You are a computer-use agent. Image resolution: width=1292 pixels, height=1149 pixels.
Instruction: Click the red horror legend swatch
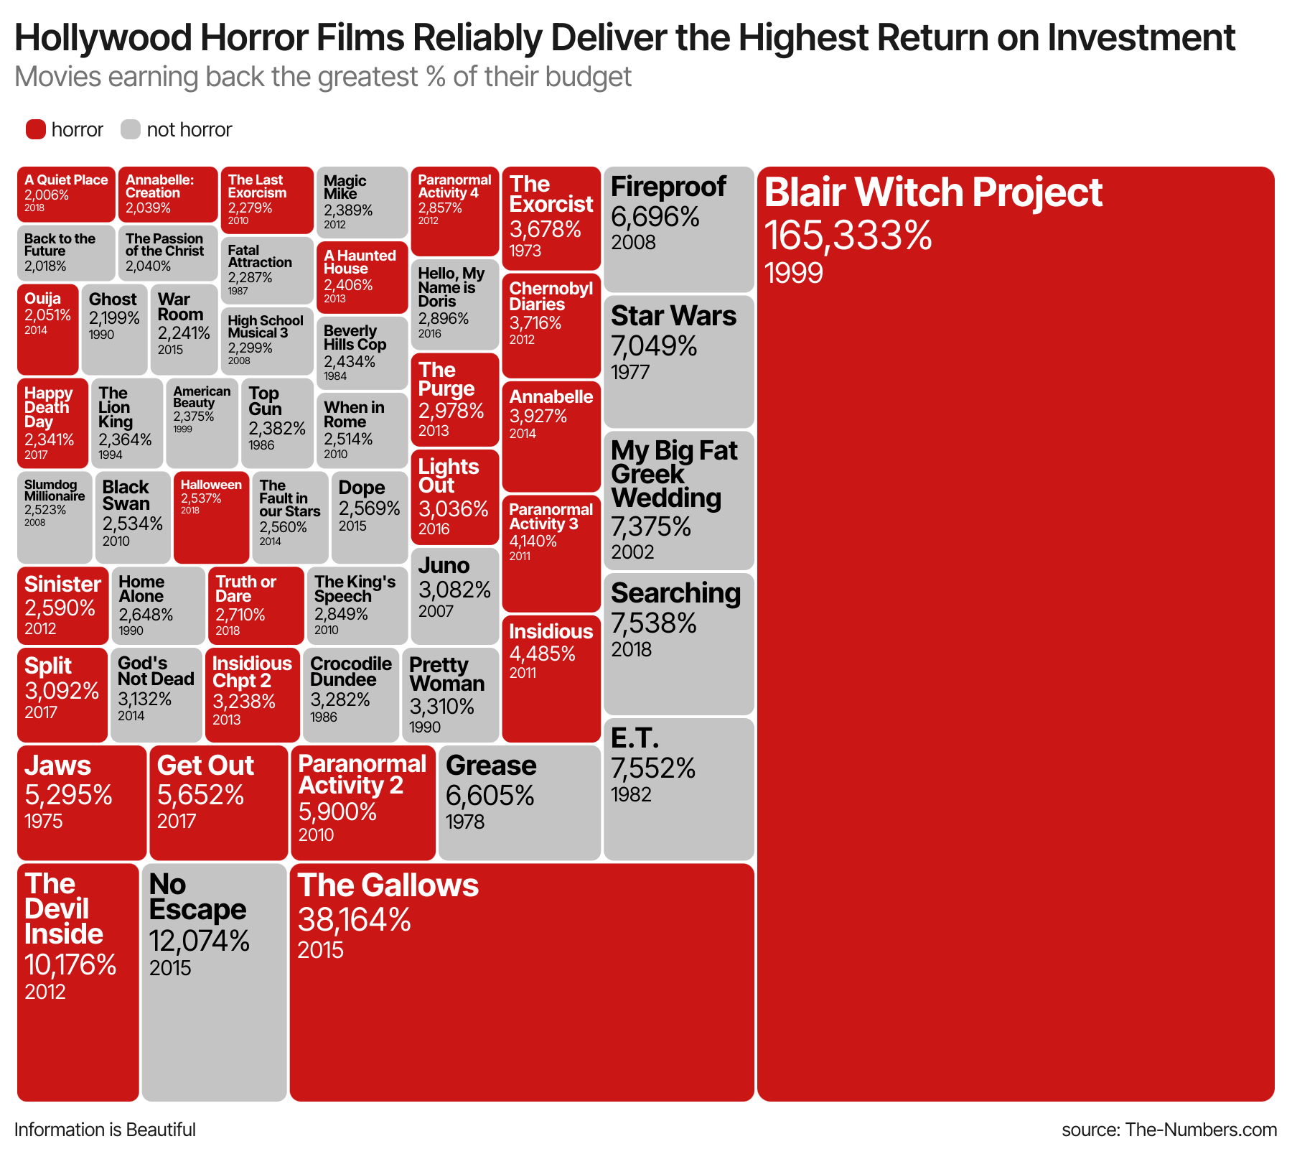tap(36, 129)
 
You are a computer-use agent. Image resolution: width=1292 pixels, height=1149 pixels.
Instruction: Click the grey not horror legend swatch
tap(131, 129)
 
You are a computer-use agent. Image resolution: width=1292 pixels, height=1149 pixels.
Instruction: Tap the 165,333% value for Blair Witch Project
tap(848, 235)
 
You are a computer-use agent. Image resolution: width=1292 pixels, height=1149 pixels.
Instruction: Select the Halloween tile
tap(212, 518)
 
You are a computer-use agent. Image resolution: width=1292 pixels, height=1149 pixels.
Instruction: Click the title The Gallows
tap(388, 885)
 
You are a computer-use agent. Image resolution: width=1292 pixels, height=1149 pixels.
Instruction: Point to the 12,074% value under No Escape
tap(199, 940)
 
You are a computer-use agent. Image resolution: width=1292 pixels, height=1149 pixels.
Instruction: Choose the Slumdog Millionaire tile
tap(55, 518)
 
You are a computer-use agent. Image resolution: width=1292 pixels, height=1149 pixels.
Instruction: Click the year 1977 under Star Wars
tap(630, 372)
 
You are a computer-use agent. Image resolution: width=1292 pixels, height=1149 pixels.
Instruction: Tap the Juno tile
tap(455, 595)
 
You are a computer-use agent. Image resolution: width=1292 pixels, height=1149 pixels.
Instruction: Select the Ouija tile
tap(47, 329)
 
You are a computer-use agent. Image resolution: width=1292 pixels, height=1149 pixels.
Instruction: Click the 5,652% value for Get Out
tap(200, 795)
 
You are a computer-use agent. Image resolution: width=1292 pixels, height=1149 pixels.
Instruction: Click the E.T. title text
tap(635, 738)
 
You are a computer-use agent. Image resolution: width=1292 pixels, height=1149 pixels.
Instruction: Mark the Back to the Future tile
tap(66, 253)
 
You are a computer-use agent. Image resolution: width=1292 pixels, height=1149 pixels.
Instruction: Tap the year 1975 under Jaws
tap(44, 821)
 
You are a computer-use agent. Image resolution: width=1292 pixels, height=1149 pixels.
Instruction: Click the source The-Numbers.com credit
tap(1169, 1130)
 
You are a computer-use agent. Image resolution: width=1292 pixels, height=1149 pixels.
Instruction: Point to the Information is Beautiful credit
tap(105, 1130)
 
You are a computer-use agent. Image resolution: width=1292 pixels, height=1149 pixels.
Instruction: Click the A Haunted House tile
tap(362, 276)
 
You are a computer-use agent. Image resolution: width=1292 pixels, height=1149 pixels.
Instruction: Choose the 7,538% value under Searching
tap(653, 623)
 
